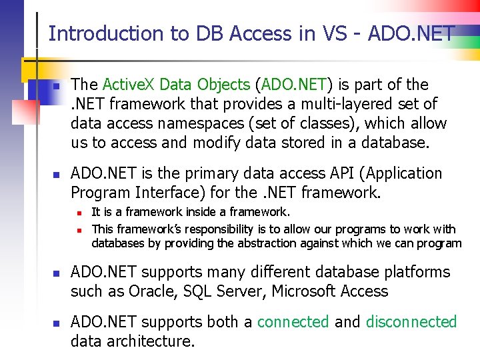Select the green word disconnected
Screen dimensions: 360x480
(411, 322)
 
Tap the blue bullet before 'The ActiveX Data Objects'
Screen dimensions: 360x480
(57, 87)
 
